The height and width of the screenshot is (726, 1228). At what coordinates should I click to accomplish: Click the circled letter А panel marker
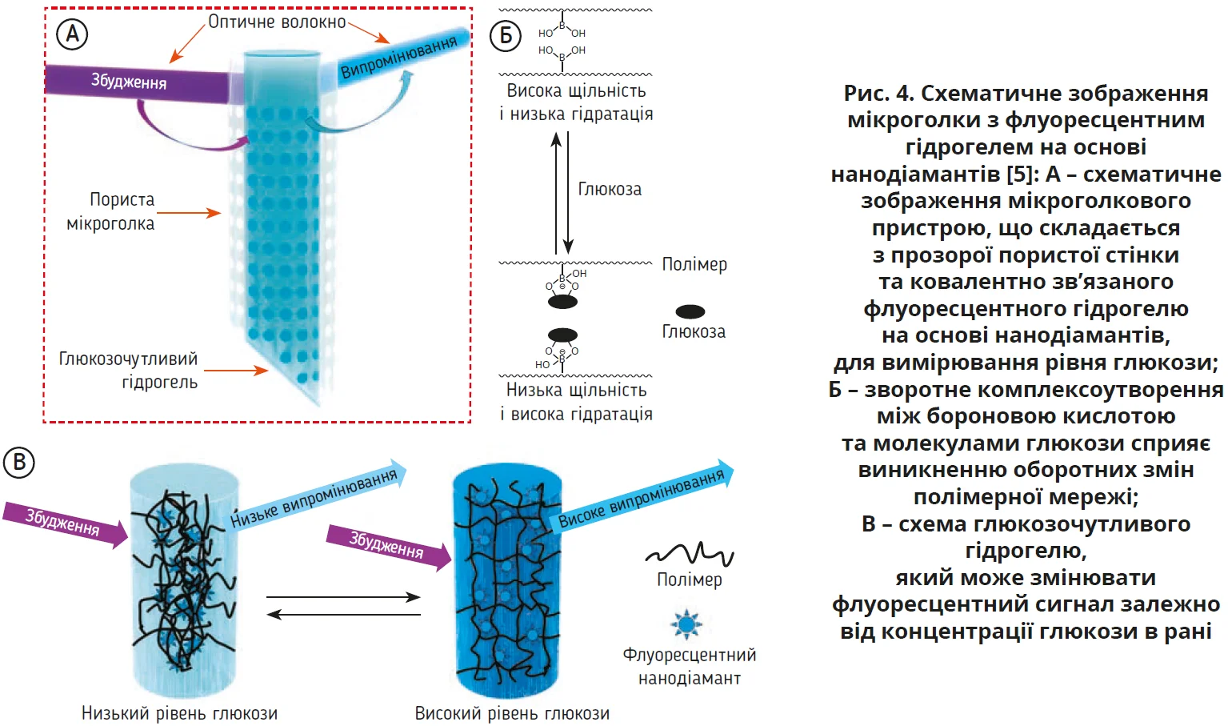coord(72,34)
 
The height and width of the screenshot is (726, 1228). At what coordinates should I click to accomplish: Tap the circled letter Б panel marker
coord(506,35)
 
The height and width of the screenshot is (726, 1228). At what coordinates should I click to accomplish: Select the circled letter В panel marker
coord(19,463)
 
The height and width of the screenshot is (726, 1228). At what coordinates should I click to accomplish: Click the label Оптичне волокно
coord(277,22)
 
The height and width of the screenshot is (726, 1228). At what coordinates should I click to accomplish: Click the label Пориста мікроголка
coord(111,211)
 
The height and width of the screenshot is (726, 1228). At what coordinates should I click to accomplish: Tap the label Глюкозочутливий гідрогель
coord(128,370)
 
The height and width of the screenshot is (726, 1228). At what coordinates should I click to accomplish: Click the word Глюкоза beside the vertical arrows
coord(610,190)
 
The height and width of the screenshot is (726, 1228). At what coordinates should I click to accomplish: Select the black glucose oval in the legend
coord(690,311)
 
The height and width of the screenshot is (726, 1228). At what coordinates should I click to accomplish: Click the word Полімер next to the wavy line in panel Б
coord(694,264)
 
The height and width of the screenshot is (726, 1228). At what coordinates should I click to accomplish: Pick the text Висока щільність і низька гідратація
coord(576,102)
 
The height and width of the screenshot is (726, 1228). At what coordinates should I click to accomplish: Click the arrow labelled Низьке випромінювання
coord(316,498)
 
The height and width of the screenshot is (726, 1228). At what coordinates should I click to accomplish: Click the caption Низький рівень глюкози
coord(180,713)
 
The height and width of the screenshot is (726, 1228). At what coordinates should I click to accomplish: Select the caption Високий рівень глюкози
coord(512,713)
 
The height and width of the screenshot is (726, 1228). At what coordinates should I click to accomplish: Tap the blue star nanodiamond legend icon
coord(686,624)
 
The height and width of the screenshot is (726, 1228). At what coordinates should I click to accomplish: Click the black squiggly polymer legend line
coord(689,553)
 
